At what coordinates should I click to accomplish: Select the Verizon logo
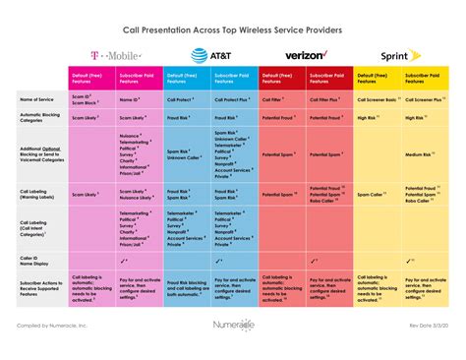(x=305, y=56)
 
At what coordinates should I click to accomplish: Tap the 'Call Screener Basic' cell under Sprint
(x=378, y=100)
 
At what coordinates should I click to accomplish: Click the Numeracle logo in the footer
(x=234, y=323)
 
